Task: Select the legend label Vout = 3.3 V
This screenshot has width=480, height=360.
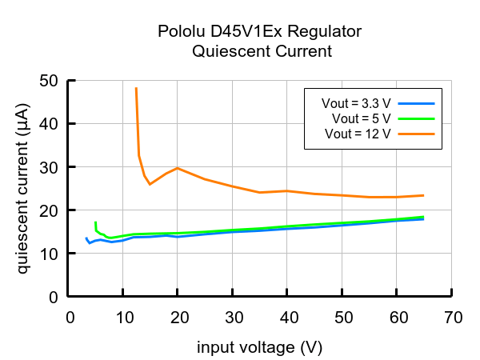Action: coord(357,103)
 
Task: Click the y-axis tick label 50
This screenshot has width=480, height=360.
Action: coord(49,81)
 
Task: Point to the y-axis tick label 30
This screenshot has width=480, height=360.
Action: coord(49,167)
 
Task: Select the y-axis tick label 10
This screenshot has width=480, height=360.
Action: coord(49,254)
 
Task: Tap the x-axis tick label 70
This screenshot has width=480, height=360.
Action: coord(452,318)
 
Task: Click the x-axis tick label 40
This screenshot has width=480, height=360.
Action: coord(287,318)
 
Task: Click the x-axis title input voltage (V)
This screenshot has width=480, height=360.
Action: coord(260,348)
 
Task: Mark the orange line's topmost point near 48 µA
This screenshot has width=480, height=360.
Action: coord(137,89)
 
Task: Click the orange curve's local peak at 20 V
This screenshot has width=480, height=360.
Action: coord(178,168)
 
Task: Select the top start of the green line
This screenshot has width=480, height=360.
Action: coord(95,222)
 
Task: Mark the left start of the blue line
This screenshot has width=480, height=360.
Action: coord(86,238)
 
